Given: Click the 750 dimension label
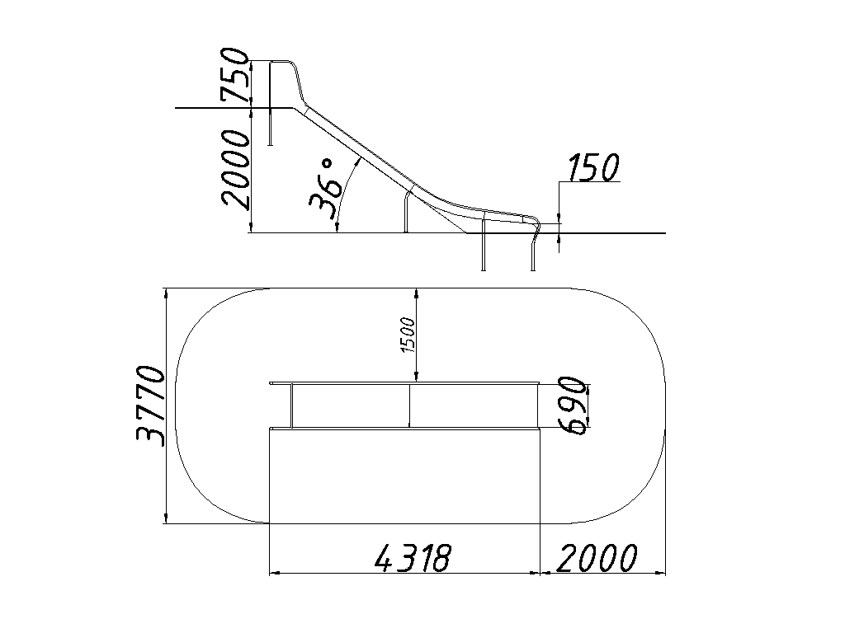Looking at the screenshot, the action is click(x=235, y=75).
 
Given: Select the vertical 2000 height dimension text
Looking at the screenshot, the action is click(x=235, y=169).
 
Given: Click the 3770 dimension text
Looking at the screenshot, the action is click(x=150, y=405).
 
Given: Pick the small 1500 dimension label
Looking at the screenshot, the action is click(x=408, y=335).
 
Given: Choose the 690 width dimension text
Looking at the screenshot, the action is click(x=573, y=406).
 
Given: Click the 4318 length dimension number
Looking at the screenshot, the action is click(x=412, y=558).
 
